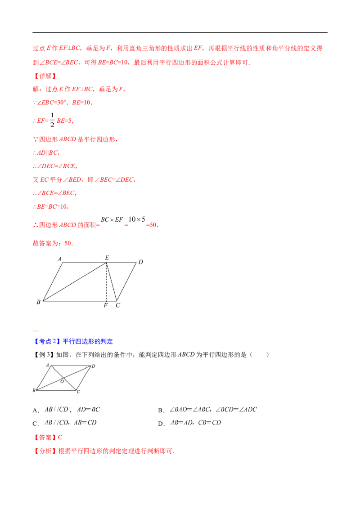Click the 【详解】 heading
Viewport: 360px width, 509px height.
[x=45, y=76]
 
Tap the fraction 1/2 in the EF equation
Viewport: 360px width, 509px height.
[x=52, y=120]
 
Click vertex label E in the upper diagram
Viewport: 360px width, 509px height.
[x=107, y=257]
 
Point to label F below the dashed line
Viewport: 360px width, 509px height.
[x=106, y=305]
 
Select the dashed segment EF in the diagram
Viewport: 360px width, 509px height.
[x=106, y=282]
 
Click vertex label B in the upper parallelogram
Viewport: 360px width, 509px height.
[x=38, y=302]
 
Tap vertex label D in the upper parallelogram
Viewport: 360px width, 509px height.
[x=140, y=262]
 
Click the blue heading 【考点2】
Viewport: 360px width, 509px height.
[x=47, y=341]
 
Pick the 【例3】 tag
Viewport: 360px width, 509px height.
[x=44, y=354]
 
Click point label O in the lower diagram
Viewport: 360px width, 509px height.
[x=62, y=381]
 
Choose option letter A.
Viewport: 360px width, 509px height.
[x=36, y=411]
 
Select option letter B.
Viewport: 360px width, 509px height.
[x=161, y=411]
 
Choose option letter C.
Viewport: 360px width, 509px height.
[x=36, y=424]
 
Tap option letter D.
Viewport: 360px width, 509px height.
[x=161, y=424]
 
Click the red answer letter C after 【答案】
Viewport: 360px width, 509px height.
[x=60, y=437]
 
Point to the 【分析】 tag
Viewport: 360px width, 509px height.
[x=45, y=451]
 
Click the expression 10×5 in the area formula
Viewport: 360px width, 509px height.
[x=137, y=219]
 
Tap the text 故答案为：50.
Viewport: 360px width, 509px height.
[x=53, y=243]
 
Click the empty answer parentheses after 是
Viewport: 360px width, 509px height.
[x=259, y=354]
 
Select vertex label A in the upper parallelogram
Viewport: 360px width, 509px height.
[x=59, y=259]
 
